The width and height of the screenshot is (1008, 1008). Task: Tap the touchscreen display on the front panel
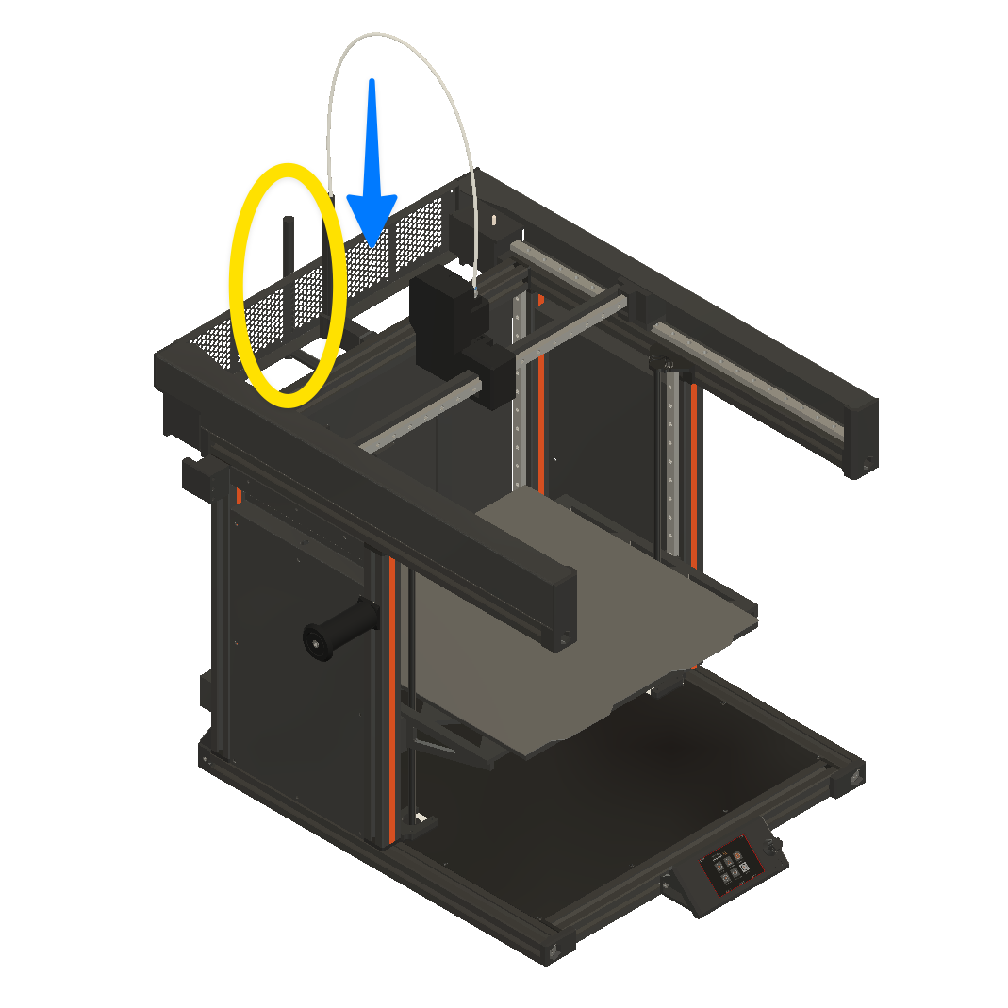point(730,866)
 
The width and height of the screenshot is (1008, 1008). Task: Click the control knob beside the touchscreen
point(775,852)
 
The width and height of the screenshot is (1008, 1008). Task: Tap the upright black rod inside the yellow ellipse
point(289,273)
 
